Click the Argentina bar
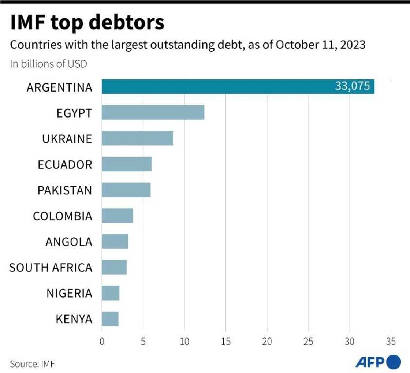tap(220, 87)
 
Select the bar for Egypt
tap(153, 112)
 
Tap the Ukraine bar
tap(137, 138)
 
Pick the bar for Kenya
tap(110, 319)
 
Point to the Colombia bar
tap(117, 216)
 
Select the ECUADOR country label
tap(65, 165)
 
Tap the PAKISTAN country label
tap(65, 191)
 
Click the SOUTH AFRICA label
tap(51, 268)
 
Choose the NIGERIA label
tap(69, 293)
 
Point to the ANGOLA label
tap(69, 242)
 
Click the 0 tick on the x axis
tap(102, 342)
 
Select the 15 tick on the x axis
tap(225, 342)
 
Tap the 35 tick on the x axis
tap(391, 342)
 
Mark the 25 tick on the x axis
tap(308, 342)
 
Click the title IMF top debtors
tap(87, 22)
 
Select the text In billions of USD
tap(48, 64)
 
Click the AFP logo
tap(377, 362)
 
